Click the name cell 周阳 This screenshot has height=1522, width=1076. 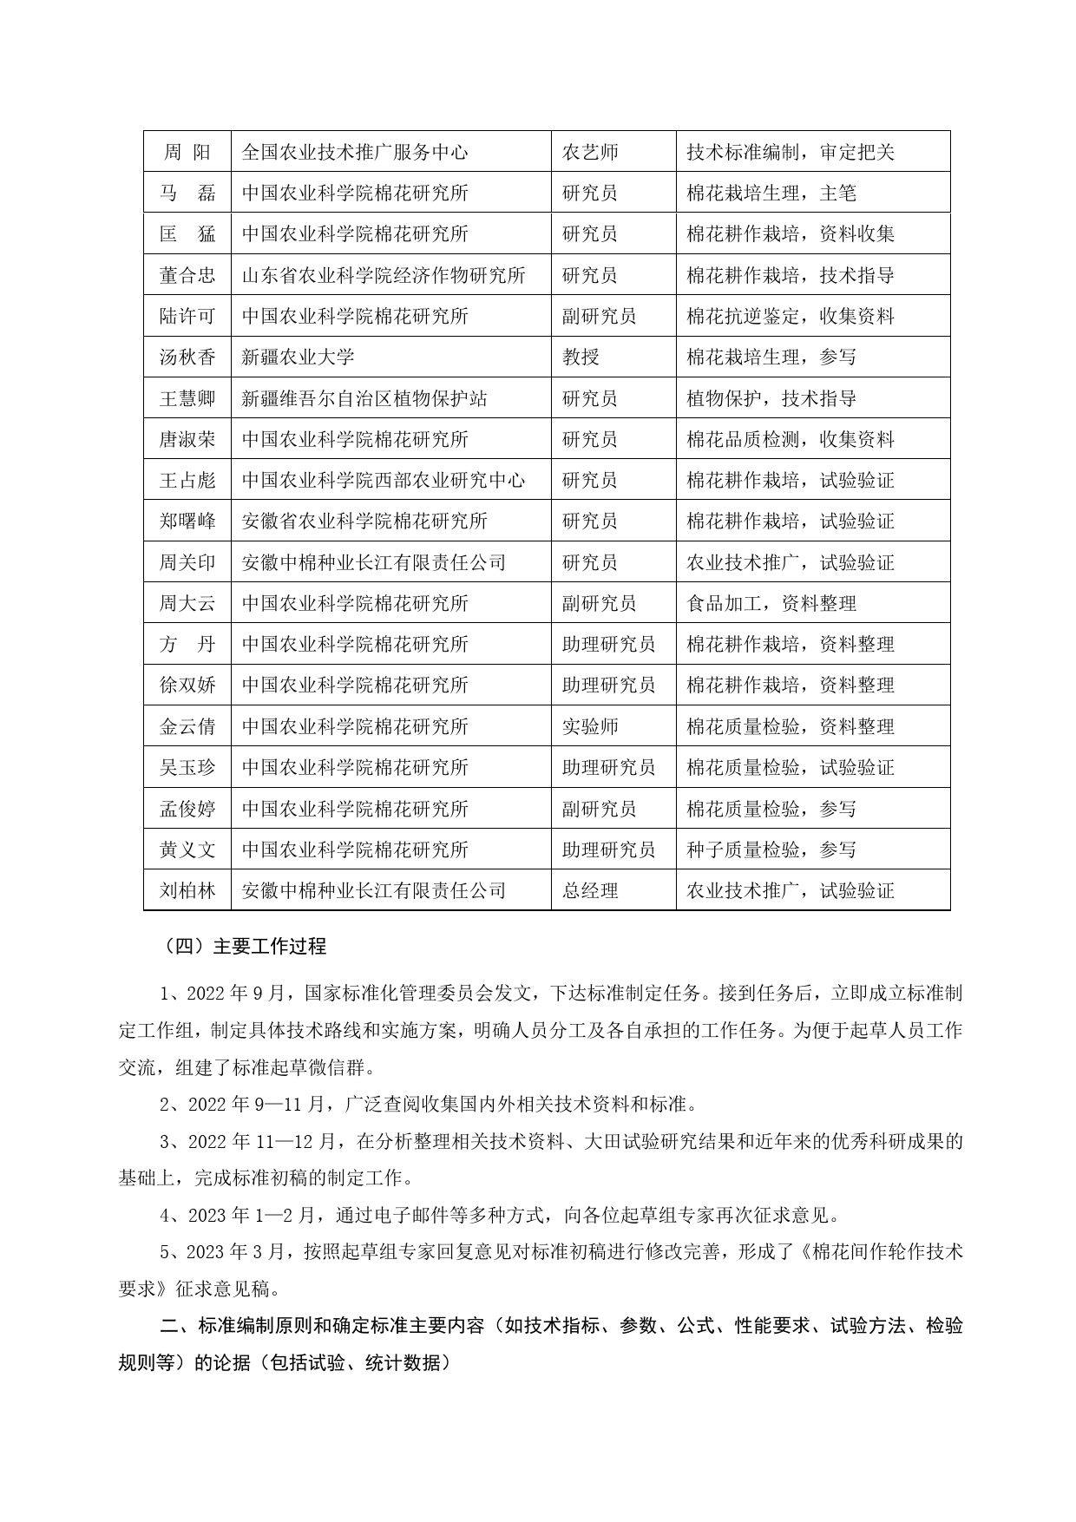pos(187,152)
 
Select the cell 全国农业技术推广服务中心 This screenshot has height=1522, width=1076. pos(355,152)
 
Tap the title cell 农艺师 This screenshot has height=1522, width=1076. pos(590,152)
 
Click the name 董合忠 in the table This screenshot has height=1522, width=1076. pos(187,275)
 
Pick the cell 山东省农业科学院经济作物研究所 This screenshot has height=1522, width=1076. pos(384,275)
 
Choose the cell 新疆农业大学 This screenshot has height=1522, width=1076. pos(298,357)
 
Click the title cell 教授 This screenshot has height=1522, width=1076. pos(581,357)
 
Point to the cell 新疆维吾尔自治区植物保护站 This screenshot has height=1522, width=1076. pos(364,398)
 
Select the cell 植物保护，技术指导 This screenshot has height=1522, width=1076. pos(771,398)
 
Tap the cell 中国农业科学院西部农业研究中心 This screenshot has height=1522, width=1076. pos(384,480)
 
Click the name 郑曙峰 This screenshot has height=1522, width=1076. pos(187,521)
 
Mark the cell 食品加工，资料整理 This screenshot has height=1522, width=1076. pos(771,603)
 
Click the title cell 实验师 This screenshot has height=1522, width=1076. pos(590,726)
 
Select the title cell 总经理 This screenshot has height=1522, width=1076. pos(590,890)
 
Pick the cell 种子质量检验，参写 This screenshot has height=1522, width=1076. pos(771,850)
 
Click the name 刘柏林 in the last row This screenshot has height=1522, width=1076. pos(187,890)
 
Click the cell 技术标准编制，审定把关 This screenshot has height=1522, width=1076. pos(791,152)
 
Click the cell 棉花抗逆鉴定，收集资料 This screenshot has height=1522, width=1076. pos(791,316)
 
